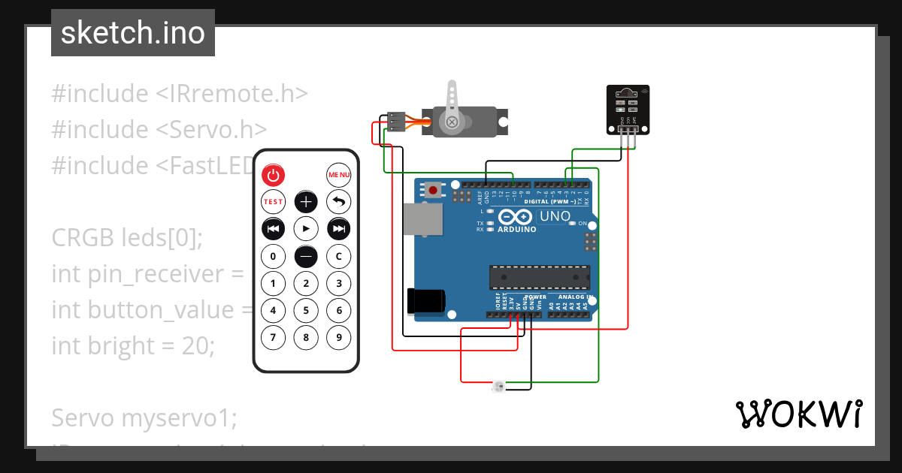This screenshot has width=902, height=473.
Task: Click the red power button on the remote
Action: [x=273, y=176]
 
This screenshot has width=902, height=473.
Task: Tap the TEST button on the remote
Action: [x=273, y=201]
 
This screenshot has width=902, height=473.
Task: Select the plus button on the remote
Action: [x=306, y=201]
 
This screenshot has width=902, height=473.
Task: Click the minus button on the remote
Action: [x=306, y=257]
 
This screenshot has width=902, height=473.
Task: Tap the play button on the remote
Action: [x=306, y=228]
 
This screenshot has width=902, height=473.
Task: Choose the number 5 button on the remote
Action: [x=306, y=310]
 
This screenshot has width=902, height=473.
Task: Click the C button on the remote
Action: [x=339, y=257]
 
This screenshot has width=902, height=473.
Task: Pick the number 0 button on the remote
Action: [x=273, y=257]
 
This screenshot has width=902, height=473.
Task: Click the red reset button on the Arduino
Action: [x=434, y=189]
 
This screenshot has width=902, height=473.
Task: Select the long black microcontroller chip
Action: [x=540, y=277]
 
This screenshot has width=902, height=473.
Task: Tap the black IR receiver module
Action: [x=625, y=110]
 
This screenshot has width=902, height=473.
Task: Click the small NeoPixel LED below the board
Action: [x=498, y=387]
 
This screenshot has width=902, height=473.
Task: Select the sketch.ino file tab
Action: [x=133, y=33]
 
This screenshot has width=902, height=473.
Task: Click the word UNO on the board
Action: [x=555, y=217]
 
